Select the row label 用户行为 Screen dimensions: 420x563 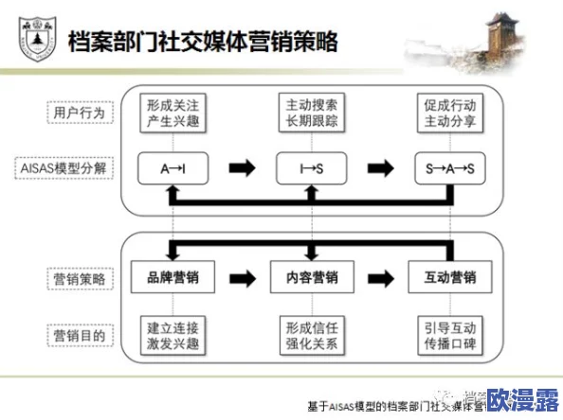[79, 113]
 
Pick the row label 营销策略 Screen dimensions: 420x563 [79, 279]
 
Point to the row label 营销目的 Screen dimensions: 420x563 [79, 334]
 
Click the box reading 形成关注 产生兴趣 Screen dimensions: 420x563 [172, 113]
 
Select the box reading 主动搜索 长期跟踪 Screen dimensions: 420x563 [310, 113]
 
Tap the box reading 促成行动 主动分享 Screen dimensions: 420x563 [449, 113]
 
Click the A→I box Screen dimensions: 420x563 [172, 167]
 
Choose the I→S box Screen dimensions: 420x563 [310, 167]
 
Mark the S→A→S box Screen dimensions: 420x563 [449, 167]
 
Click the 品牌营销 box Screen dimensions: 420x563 [172, 279]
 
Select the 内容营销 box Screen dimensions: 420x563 [310, 279]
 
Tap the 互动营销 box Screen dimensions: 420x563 [449, 279]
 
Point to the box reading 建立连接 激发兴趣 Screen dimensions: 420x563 [172, 334]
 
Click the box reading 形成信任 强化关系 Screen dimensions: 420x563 [310, 334]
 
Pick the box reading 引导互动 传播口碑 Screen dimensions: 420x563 [449, 334]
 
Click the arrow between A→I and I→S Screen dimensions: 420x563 [242, 168]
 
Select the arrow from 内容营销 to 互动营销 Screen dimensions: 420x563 [380, 279]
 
